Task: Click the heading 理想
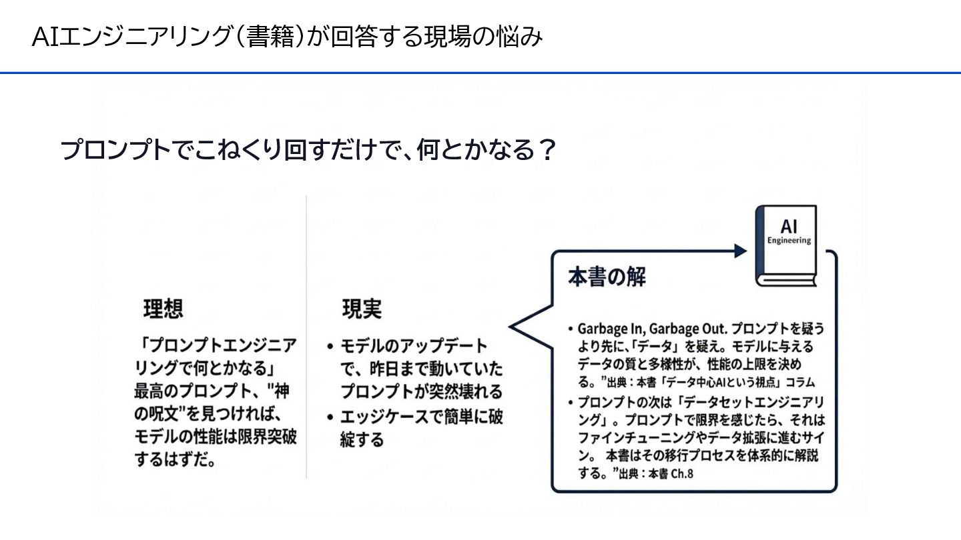pyautogui.click(x=163, y=309)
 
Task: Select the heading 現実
pyautogui.click(x=362, y=309)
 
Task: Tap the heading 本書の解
pyautogui.click(x=607, y=277)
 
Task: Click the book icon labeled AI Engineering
pyautogui.click(x=785, y=246)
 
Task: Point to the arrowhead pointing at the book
pyautogui.click(x=739, y=251)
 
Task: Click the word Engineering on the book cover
pyautogui.click(x=789, y=241)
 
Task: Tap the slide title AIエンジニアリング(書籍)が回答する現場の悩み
pyautogui.click(x=287, y=37)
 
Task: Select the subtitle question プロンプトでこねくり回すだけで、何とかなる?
pyautogui.click(x=308, y=151)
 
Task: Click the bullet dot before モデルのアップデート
pyautogui.click(x=331, y=347)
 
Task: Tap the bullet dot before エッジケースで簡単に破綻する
pyautogui.click(x=331, y=418)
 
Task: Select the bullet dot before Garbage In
pyautogui.click(x=571, y=330)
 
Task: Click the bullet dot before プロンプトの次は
pyautogui.click(x=571, y=403)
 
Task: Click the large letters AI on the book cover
pyautogui.click(x=789, y=227)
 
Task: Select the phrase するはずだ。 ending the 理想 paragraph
pyautogui.click(x=174, y=460)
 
